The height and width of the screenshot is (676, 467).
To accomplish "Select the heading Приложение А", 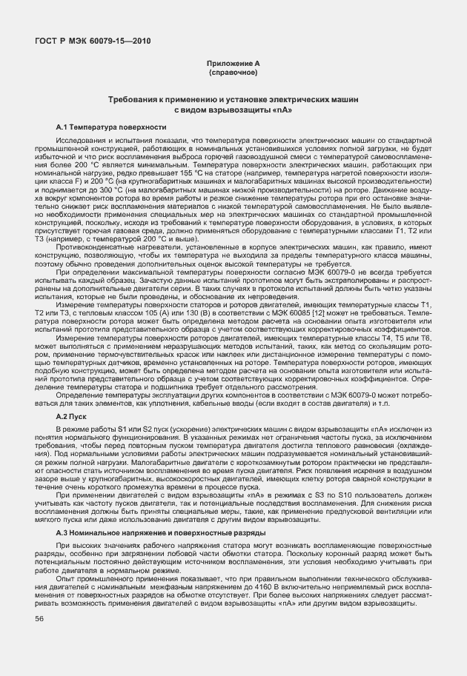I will [x=233, y=64].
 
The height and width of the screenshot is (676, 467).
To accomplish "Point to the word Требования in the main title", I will [x=133, y=98].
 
